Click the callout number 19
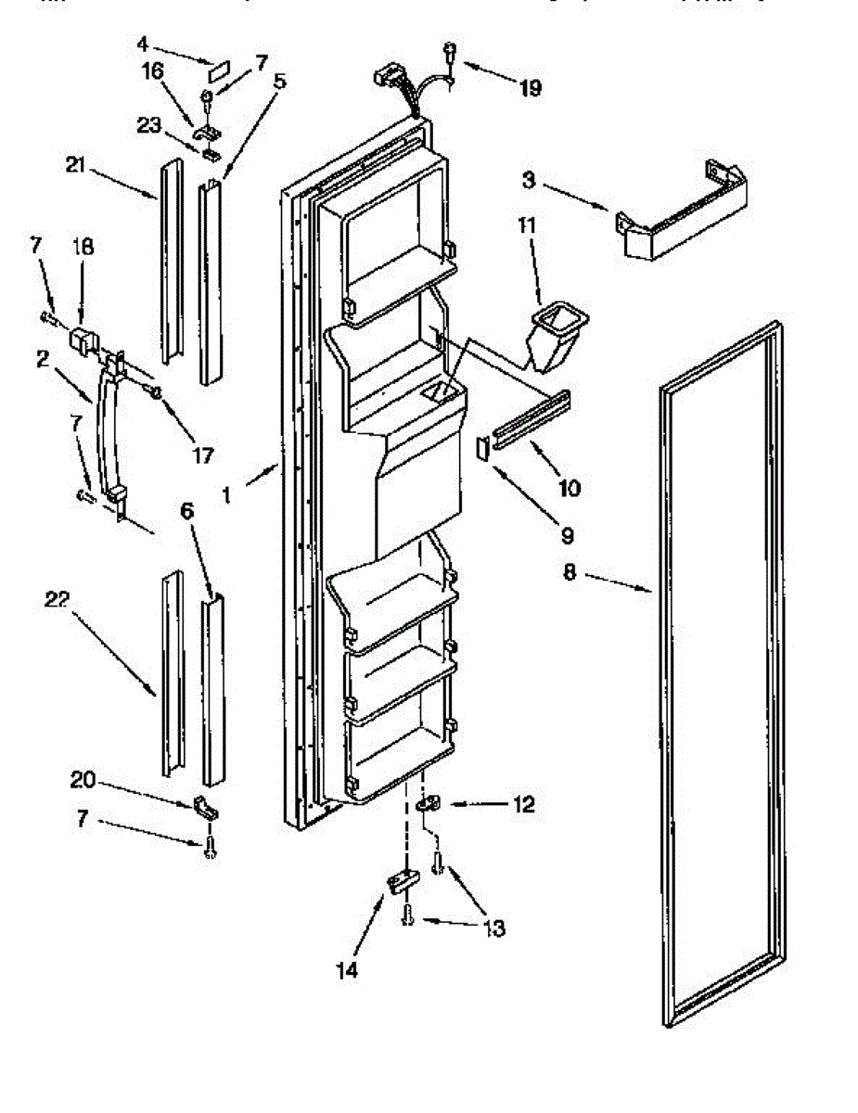pos(530,88)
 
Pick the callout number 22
pos(57,600)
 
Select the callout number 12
pos(523,805)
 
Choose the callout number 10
pos(569,487)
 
